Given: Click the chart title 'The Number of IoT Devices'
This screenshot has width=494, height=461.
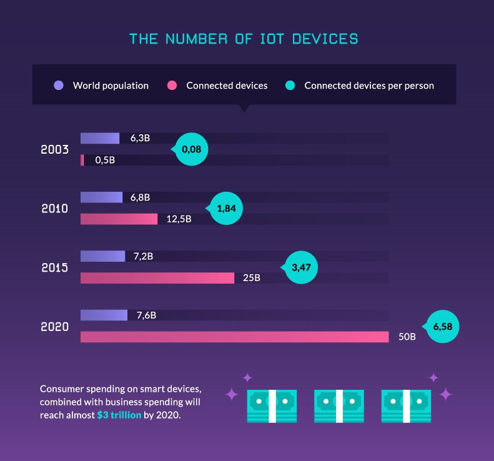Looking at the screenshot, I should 244,39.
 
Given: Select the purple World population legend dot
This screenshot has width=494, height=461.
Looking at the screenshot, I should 59,85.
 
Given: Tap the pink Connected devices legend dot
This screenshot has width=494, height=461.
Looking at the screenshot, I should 172,85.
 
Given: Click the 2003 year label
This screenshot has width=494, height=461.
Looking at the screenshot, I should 54,150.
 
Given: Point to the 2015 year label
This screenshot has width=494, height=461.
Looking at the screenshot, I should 54,267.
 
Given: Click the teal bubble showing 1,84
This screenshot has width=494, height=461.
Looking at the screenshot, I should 225,209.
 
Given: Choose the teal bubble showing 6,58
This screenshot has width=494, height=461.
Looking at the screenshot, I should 442,326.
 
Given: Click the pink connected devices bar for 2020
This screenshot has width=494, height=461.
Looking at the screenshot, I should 234,337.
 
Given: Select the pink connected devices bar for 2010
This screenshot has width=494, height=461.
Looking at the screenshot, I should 119,219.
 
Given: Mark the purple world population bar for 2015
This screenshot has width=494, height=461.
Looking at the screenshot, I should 103,256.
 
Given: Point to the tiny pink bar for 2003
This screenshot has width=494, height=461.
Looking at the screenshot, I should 82,161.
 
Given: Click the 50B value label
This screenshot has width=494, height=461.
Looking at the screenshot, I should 407,337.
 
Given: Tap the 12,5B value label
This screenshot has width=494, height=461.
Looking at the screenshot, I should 179,219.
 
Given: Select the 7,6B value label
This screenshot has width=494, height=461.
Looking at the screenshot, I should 146,315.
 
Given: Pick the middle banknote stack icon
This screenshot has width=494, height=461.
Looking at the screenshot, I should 339,405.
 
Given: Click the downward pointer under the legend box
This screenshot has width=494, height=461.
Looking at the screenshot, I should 244,108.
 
